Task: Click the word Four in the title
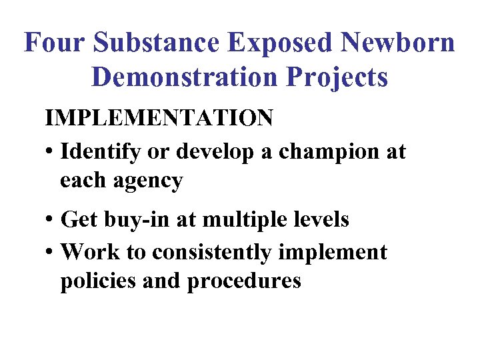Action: [55, 43]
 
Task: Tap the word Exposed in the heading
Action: [280, 43]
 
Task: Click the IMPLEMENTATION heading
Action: [159, 118]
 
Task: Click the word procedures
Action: [244, 281]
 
